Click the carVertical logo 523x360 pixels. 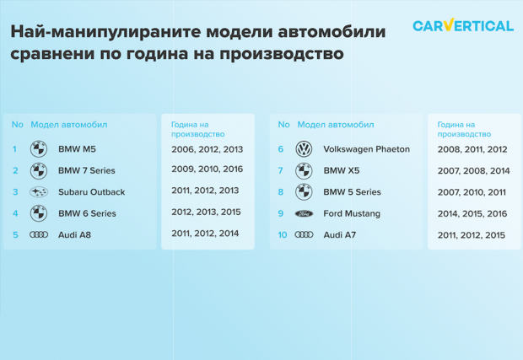[463, 25]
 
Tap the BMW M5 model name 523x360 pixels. [77, 149]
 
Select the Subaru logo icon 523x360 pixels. [39, 192]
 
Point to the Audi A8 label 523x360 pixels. [74, 235]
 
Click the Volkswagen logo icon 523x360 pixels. [304, 149]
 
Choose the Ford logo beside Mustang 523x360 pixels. [304, 213]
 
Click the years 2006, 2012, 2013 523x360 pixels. [208, 149]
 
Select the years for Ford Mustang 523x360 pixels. [472, 213]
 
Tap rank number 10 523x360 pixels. [283, 235]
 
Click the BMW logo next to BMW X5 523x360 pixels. [304, 170]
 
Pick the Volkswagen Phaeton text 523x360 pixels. [367, 149]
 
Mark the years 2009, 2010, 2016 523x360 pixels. [208, 169]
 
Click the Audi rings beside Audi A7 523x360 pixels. [304, 235]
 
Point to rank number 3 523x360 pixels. [15, 192]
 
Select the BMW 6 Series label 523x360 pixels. [87, 213]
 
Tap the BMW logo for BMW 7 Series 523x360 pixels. [39, 170]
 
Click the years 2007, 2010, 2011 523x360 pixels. [472, 192]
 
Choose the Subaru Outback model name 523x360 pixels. [92, 192]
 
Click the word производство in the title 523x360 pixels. [281, 54]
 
